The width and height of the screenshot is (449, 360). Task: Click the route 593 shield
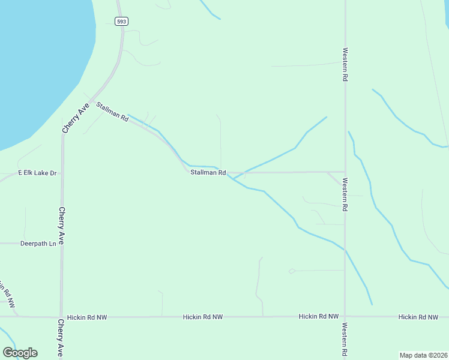[121, 21]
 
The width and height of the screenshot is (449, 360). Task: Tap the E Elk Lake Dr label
[37, 173]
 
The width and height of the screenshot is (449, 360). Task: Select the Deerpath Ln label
[38, 244]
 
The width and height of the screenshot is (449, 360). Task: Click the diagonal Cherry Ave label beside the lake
[76, 118]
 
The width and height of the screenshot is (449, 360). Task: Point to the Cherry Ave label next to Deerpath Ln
[61, 226]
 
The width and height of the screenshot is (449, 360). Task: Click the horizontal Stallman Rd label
[208, 173]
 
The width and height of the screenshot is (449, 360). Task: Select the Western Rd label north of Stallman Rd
[345, 65]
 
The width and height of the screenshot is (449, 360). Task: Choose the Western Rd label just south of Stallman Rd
[345, 193]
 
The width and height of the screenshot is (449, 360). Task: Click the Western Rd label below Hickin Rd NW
[345, 341]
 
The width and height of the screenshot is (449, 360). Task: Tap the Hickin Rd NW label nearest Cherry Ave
[86, 317]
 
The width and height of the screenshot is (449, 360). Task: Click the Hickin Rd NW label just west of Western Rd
[318, 316]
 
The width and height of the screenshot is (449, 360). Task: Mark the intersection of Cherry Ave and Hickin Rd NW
[61, 317]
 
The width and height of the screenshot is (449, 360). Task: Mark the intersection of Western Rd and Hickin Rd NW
[345, 316]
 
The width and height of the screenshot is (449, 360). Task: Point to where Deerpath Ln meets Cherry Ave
[61, 244]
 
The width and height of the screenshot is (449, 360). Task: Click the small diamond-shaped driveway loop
[292, 271]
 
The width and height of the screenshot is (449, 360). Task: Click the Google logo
[20, 352]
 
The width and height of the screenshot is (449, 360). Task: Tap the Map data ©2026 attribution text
[423, 355]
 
